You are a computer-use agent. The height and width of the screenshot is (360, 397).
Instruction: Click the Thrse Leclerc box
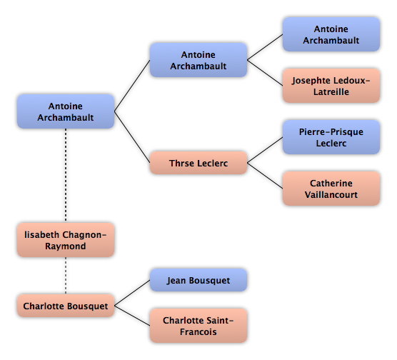point(198,163)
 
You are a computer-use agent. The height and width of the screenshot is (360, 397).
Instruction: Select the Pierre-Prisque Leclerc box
point(331,137)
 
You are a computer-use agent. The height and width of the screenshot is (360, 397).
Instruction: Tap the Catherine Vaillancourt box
point(331,189)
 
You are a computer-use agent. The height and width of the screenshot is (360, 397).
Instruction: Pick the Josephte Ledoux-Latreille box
point(331,86)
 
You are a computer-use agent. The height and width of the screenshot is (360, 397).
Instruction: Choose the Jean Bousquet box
point(198,280)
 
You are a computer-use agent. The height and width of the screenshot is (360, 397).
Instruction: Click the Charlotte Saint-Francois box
point(198,326)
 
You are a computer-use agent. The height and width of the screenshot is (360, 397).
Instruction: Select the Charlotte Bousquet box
point(66,306)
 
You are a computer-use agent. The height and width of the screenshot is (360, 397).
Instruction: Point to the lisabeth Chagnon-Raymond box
point(66,240)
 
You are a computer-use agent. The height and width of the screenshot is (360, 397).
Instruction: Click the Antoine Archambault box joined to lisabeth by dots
point(66,111)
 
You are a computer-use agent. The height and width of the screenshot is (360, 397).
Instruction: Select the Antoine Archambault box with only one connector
point(331,34)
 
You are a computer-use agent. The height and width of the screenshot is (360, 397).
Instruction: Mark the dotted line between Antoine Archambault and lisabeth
point(66,176)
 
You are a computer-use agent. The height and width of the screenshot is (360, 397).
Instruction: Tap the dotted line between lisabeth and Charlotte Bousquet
point(66,276)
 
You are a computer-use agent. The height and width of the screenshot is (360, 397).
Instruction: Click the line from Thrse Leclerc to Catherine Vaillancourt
point(265,176)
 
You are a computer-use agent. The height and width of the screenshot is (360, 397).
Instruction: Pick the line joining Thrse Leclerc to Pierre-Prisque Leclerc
point(265,150)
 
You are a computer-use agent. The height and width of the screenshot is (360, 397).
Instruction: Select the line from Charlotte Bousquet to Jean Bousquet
point(132,293)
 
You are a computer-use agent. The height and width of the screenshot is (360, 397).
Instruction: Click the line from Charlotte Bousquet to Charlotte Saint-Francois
point(132,316)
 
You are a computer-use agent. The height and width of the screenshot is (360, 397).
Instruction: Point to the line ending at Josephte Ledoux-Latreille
point(265,73)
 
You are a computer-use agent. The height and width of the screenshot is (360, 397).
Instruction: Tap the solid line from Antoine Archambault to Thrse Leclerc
point(132,137)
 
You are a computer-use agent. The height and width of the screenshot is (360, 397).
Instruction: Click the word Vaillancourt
point(331,194)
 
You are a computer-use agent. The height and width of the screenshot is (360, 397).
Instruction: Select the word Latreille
point(331,91)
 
